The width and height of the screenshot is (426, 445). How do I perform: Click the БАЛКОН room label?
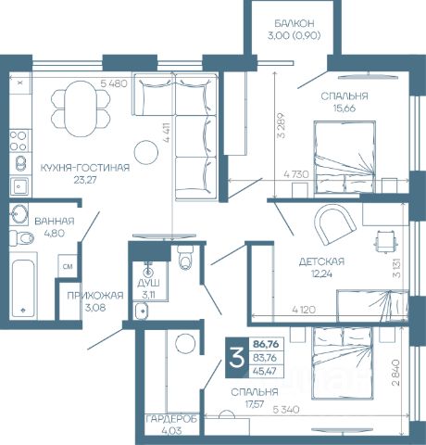tap(294, 23)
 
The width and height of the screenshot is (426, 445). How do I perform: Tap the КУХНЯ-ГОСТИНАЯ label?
tap(85, 168)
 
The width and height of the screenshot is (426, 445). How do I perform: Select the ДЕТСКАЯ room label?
tap(321, 261)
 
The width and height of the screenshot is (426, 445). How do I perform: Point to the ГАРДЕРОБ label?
tap(171, 419)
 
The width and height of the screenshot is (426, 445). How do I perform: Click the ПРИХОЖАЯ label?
tap(95, 296)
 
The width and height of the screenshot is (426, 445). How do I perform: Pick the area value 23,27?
tap(85, 180)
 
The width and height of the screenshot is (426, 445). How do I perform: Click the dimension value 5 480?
tap(114, 83)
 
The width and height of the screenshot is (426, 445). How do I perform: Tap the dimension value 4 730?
tap(296, 174)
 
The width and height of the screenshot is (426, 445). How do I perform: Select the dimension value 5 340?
tap(286, 410)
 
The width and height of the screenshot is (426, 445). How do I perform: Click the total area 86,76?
tap(266, 344)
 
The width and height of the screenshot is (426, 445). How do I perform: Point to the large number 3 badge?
tap(237, 358)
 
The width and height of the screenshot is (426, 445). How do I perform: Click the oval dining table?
tap(81, 108)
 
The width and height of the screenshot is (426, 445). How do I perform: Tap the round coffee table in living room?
tap(146, 152)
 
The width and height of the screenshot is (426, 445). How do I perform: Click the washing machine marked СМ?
tap(68, 266)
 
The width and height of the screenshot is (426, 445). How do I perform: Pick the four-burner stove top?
tap(19, 141)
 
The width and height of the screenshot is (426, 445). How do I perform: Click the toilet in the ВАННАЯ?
tap(21, 238)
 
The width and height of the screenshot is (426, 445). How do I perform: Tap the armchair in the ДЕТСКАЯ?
tap(335, 223)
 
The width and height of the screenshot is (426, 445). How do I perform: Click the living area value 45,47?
tap(265, 371)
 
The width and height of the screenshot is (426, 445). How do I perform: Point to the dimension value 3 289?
tap(282, 125)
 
